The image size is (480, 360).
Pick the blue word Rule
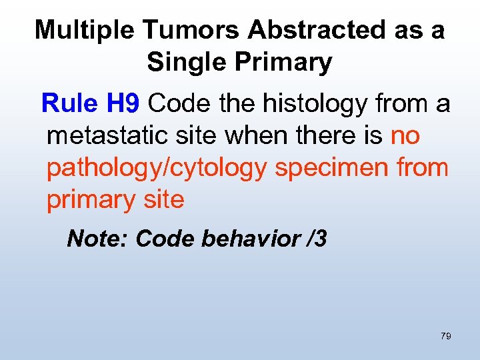click(x=70, y=103)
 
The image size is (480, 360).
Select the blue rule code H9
click(x=123, y=103)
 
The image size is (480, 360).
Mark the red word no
click(x=405, y=135)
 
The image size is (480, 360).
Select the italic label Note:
click(x=98, y=239)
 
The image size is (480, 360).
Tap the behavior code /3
click(x=315, y=239)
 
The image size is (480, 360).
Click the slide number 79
click(x=445, y=337)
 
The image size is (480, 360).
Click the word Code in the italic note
click(x=160, y=239)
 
